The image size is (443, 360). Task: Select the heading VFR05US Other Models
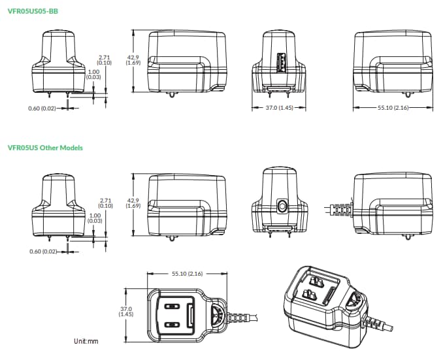[45, 148]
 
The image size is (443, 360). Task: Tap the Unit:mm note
[86, 340]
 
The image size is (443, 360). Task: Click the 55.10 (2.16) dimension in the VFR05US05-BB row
[392, 107]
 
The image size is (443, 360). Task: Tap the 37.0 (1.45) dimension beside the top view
[126, 312]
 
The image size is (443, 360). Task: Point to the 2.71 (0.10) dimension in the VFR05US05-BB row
[105, 60]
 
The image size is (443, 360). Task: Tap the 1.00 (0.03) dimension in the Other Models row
[94, 218]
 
